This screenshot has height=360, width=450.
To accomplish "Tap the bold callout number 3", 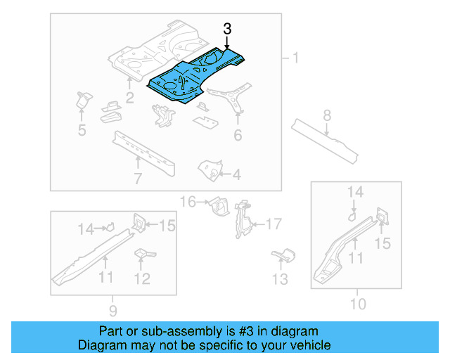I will [x=226, y=29].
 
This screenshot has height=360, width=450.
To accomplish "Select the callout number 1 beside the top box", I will [x=295, y=58].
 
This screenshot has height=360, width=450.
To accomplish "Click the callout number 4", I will [x=82, y=129].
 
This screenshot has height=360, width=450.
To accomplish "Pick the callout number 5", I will [x=238, y=134].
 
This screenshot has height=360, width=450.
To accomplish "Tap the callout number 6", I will [x=138, y=179].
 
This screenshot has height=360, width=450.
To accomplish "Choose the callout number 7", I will [x=327, y=115].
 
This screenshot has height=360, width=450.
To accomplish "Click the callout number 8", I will [x=113, y=309].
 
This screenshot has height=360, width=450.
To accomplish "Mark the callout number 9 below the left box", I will [x=358, y=304].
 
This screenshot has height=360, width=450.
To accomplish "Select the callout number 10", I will [x=142, y=279].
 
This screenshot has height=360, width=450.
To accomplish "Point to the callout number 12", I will [x=281, y=279].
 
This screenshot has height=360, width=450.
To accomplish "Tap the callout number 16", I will [x=273, y=224].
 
